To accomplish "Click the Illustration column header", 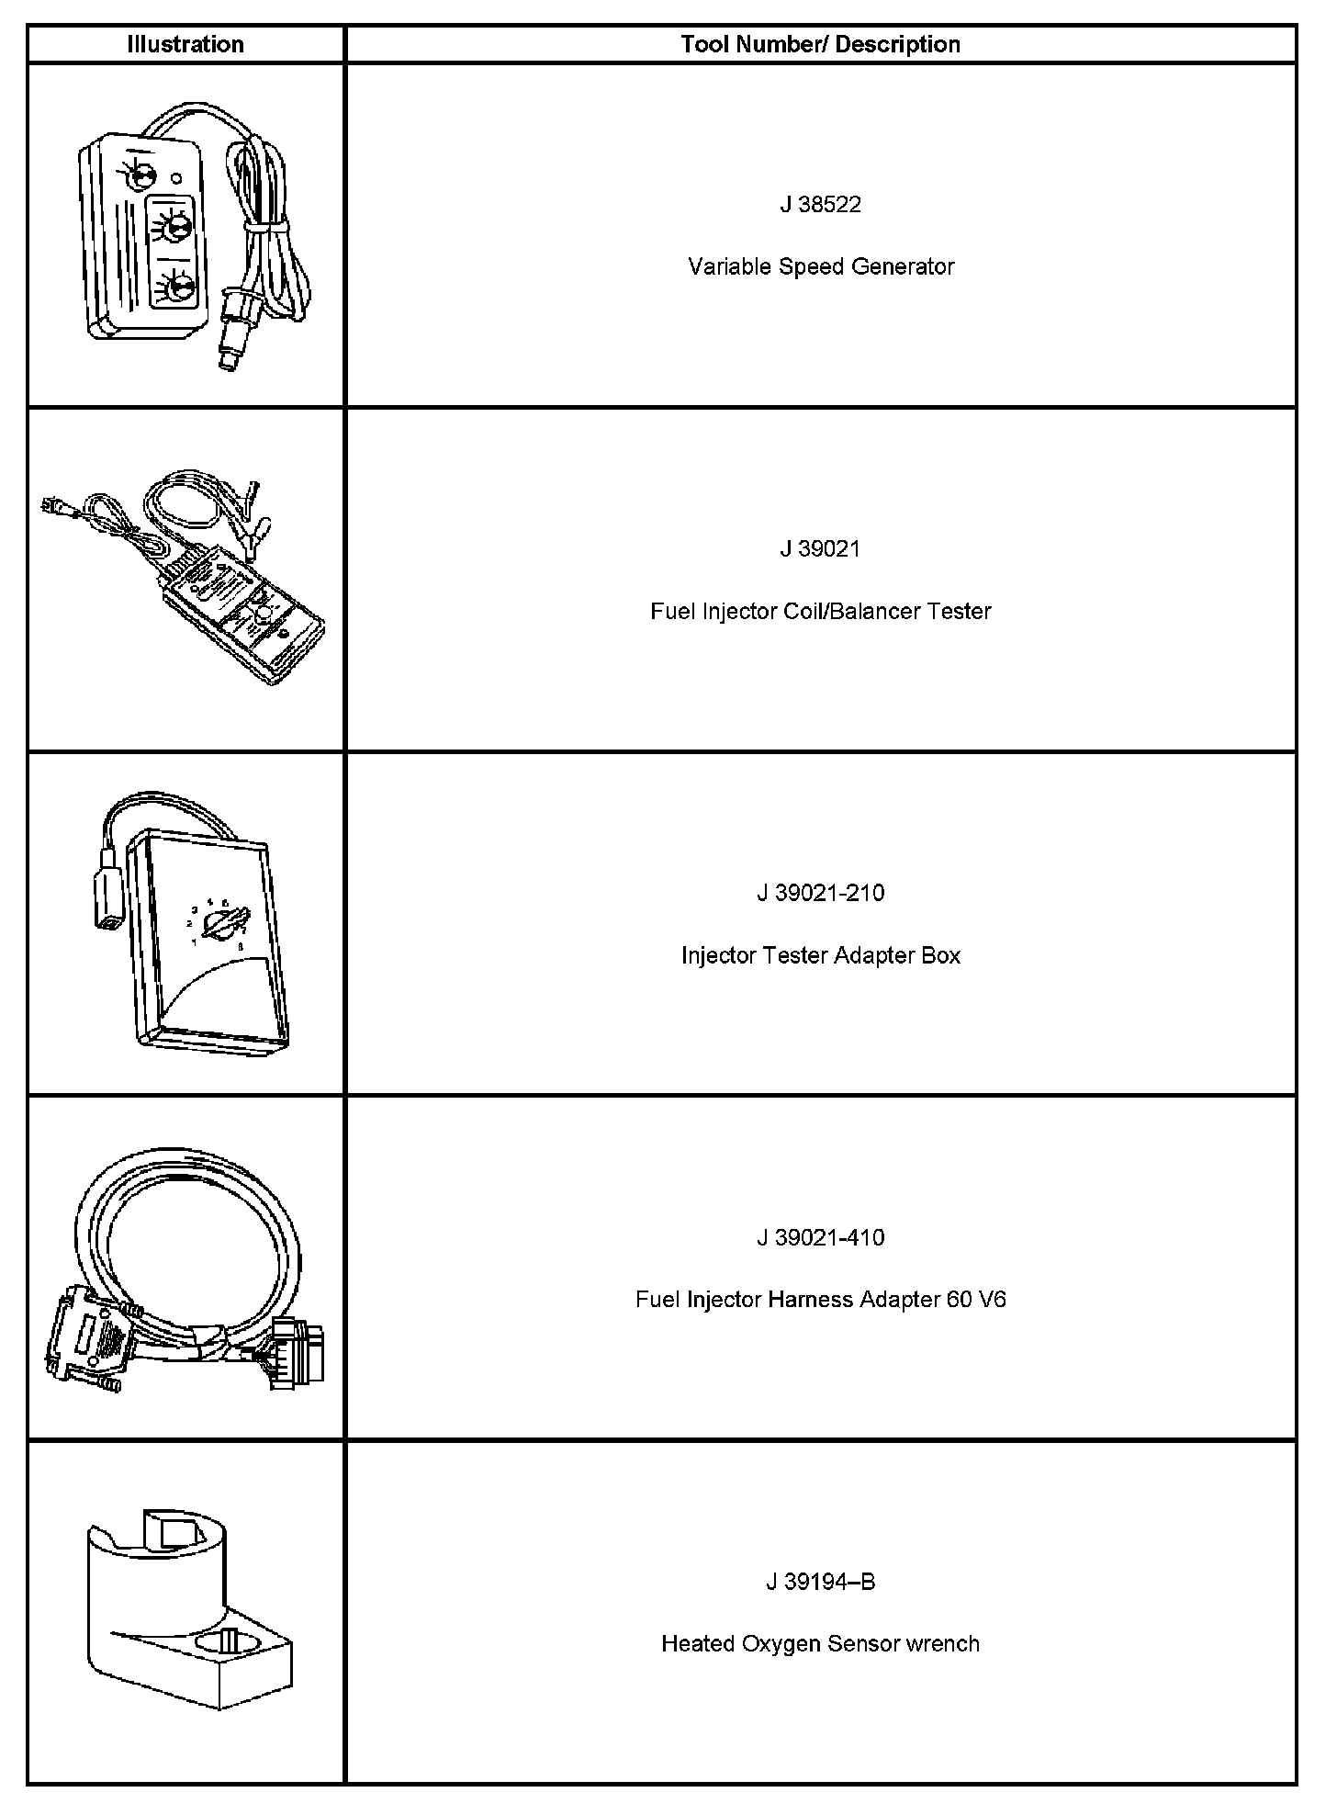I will click(185, 45).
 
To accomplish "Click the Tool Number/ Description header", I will click(820, 45).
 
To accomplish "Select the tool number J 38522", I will click(820, 205).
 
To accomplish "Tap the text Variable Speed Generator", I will click(820, 266).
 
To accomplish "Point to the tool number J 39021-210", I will click(820, 893).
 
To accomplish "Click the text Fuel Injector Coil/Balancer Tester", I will click(820, 611).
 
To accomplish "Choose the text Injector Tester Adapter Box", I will click(820, 955).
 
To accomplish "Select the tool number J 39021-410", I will click(820, 1237).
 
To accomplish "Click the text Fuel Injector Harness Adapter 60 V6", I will click(820, 1300).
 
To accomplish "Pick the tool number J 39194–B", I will click(820, 1582).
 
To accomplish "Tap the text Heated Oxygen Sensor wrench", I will click(820, 1643).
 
